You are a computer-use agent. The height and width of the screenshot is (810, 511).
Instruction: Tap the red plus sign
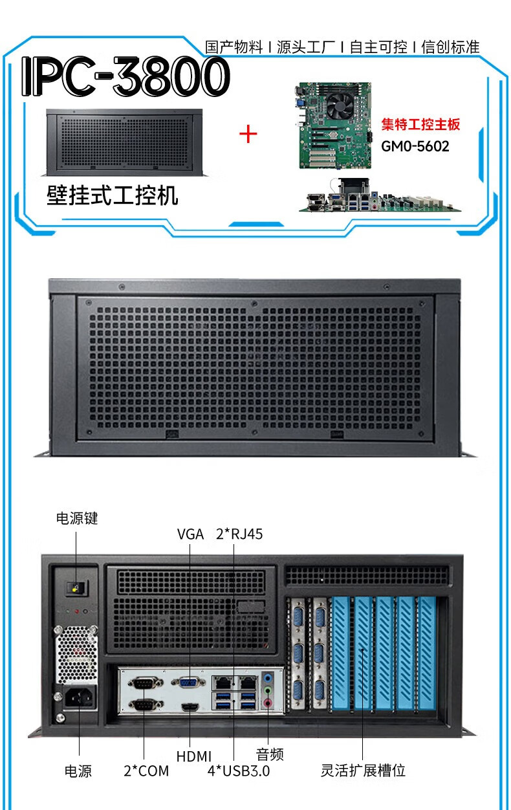tap(248, 134)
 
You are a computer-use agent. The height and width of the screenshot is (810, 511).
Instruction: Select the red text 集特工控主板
tap(420, 124)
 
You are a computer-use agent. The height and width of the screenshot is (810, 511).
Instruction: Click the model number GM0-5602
tap(415, 146)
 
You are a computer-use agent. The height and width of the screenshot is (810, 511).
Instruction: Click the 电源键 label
tap(77, 518)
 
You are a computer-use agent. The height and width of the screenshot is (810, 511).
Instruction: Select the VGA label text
tap(190, 534)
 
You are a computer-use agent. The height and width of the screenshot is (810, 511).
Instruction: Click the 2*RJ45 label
tap(239, 534)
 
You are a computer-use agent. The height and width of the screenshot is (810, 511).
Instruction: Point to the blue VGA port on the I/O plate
tap(189, 682)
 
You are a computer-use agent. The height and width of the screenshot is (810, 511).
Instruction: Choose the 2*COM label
tap(146, 771)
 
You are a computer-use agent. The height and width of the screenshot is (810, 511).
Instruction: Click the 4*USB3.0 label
tap(238, 771)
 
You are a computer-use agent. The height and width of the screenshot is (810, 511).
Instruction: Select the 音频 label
tap(269, 754)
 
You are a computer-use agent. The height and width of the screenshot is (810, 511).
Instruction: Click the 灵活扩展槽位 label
tap(363, 771)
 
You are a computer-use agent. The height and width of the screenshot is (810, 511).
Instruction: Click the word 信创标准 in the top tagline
tap(451, 47)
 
